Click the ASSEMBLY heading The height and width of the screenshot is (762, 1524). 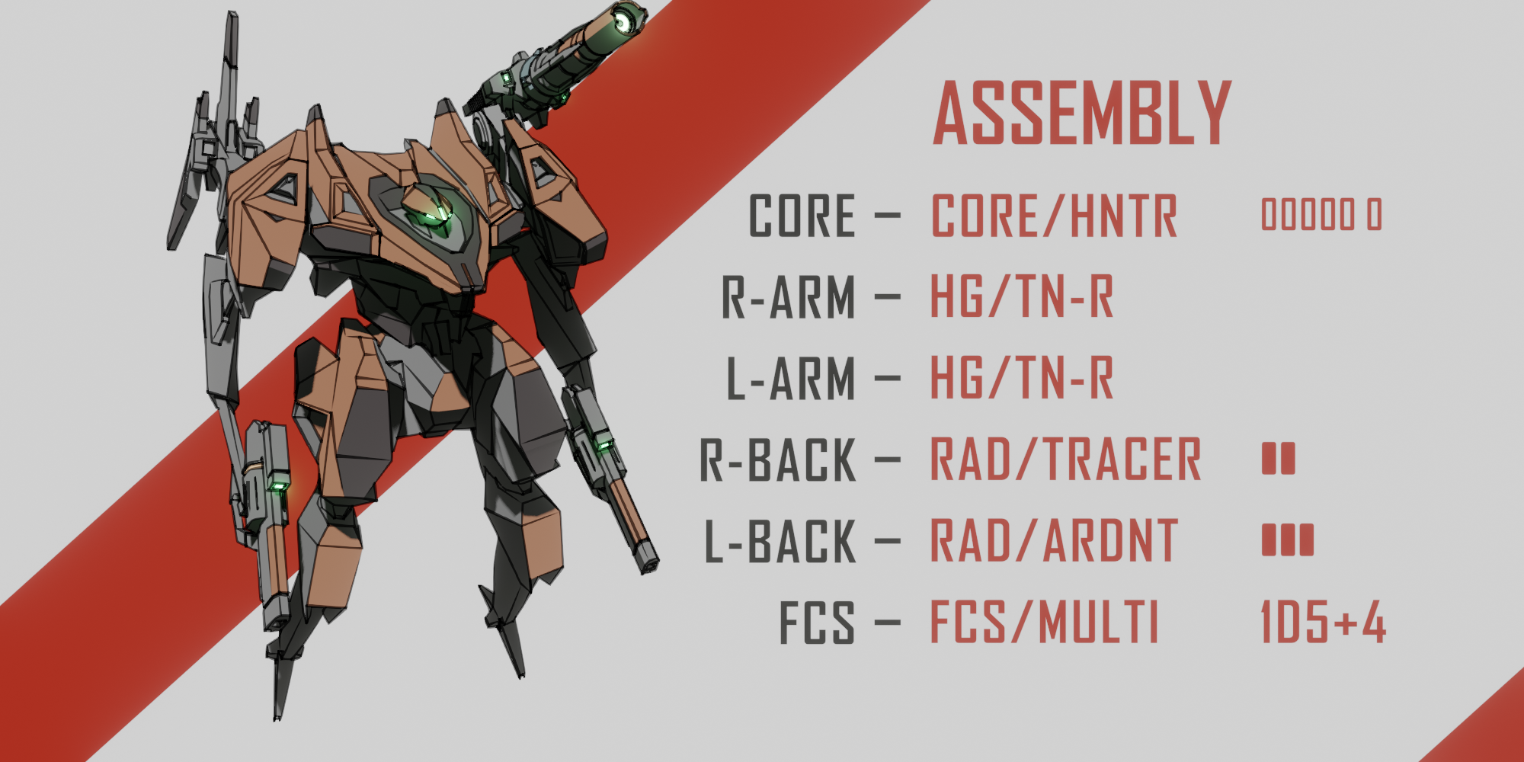1082,114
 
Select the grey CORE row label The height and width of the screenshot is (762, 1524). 802,216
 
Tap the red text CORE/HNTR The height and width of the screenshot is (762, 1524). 1054,216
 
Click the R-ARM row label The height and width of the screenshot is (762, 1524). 789,297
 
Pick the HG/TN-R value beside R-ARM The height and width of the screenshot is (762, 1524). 1022,297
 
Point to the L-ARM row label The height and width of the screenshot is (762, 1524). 791,379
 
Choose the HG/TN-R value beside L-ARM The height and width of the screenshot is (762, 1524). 1022,379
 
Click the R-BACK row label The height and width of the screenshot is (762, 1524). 778,460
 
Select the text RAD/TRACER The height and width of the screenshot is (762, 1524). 1065,460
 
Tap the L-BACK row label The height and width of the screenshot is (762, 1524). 780,542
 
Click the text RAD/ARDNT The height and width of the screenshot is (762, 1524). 1054,542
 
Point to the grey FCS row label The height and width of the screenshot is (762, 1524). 816,623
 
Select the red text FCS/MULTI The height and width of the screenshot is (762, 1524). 1044,623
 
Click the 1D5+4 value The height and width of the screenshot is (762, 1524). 1323,622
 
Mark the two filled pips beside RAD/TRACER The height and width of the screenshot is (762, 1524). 1278,459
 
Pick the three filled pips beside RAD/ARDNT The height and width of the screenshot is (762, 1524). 1287,540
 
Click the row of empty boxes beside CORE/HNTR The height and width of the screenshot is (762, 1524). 1321,215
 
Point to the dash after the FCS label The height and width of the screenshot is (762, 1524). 887,623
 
